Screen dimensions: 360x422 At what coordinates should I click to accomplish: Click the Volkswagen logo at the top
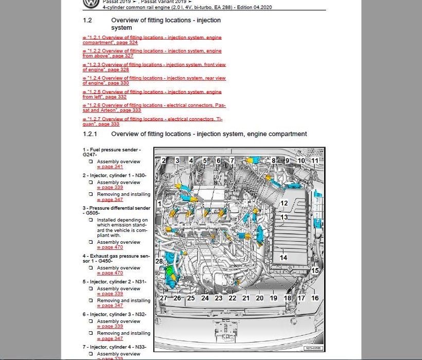[x=91, y=3]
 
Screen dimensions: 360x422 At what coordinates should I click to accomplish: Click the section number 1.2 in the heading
[x=87, y=21]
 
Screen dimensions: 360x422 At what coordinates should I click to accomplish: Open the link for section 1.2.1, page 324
[x=152, y=40]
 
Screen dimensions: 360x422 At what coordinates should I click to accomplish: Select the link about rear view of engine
[x=154, y=81]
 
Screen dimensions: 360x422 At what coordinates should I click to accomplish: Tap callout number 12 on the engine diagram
[x=284, y=203]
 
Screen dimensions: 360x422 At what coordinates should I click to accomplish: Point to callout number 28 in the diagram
[x=159, y=262]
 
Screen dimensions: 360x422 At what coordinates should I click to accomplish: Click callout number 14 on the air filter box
[x=283, y=258]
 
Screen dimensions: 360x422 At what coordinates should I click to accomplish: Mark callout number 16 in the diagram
[x=315, y=298]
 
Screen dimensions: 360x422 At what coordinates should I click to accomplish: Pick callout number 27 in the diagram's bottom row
[x=163, y=298]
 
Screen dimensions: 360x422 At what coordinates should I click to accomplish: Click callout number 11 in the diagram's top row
[x=315, y=160]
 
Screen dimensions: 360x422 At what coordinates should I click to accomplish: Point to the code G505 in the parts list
[x=93, y=213]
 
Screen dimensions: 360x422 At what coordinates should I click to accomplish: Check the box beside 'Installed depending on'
[x=91, y=220]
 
